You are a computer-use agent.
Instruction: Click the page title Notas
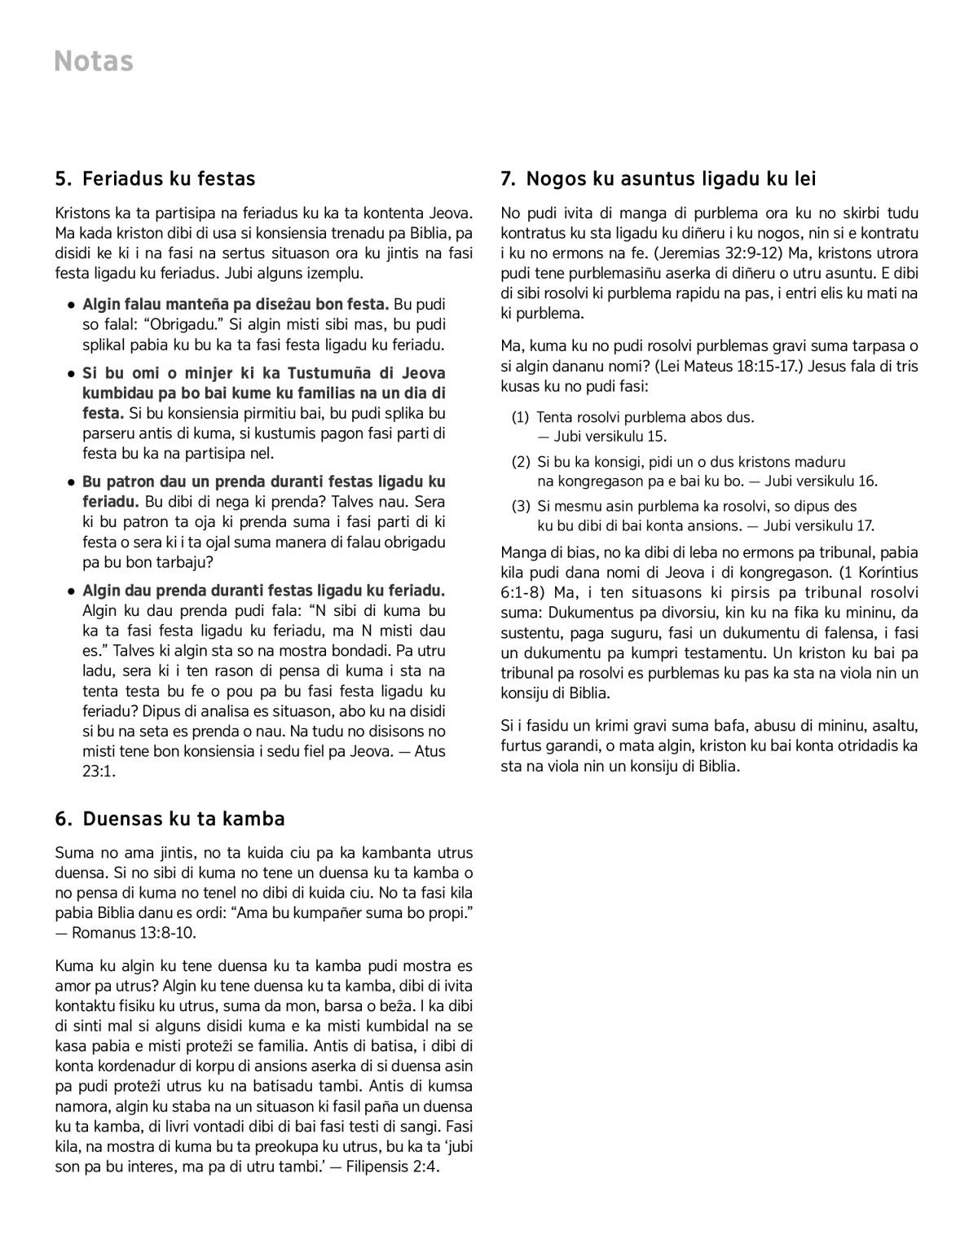[x=94, y=62]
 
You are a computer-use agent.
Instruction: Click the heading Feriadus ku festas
[x=169, y=178]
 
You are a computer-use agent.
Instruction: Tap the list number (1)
[x=521, y=418]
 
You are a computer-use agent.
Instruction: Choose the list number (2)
[x=521, y=462]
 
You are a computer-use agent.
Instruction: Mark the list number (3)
[x=521, y=506]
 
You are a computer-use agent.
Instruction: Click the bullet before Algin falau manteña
[x=72, y=305]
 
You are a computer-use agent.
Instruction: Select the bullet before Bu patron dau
[x=72, y=482]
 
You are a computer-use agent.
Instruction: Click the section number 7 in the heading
[x=507, y=178]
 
